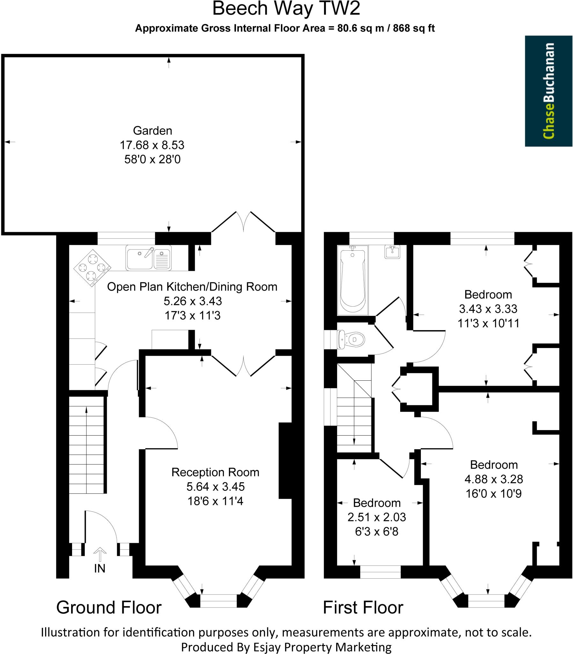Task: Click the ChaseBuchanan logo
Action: [x=548, y=91]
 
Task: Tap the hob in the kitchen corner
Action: [x=92, y=268]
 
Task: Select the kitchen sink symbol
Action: [x=148, y=258]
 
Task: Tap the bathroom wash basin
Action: [x=392, y=252]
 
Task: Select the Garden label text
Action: [x=152, y=131]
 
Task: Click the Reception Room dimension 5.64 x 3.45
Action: [x=216, y=486]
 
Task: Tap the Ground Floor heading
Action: [x=109, y=607]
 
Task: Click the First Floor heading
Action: [x=363, y=607]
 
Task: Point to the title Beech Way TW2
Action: [x=286, y=9]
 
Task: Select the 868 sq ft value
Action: [x=414, y=28]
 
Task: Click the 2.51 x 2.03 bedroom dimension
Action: [x=377, y=517]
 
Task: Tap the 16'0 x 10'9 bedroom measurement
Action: [x=493, y=493]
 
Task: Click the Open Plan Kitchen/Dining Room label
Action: [x=192, y=287]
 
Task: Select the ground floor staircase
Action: [x=87, y=445]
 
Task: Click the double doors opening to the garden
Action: [x=243, y=222]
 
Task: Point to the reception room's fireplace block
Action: [x=285, y=460]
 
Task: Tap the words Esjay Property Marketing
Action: [x=322, y=647]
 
